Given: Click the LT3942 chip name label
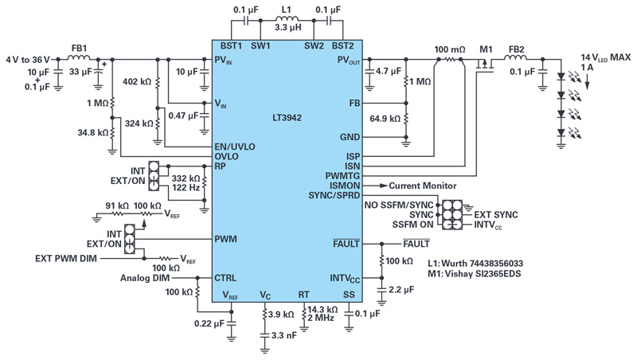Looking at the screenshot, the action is coord(287,118).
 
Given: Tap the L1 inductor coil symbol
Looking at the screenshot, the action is coord(287,18).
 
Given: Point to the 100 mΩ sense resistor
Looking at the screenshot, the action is coord(449,59).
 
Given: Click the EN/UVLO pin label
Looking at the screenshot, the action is coord(235,147).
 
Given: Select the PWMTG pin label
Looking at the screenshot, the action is coord(342,176).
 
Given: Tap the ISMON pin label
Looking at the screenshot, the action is coord(345,186).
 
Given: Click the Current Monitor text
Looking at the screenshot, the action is coord(423,186).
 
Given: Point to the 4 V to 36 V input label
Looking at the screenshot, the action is coord(28,60).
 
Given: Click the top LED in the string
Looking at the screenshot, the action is coord(561,76).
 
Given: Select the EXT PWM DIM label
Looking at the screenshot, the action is coord(66,258).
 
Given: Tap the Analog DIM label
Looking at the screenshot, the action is coord(145,278).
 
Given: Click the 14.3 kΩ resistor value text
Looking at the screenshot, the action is coord(322,309).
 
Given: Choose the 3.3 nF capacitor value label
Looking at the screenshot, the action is coord(284,335).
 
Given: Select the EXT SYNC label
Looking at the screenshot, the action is coord(496,214).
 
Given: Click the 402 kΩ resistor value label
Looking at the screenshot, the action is coord(137,82).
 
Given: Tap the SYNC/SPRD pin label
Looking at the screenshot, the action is coord(334,195).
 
